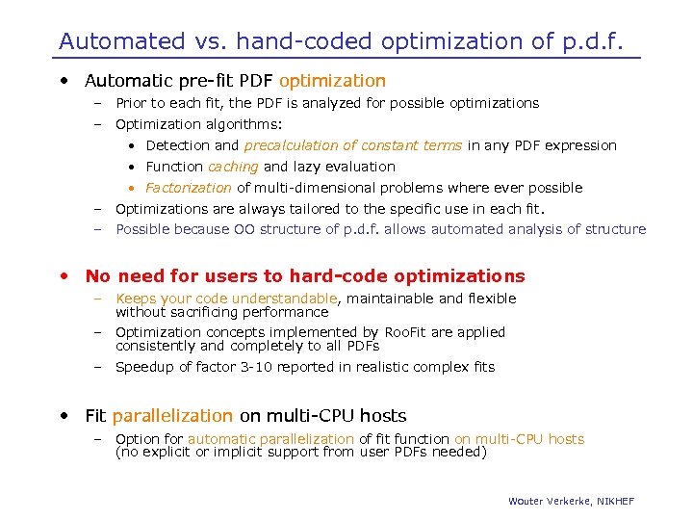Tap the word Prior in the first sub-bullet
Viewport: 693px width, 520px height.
tap(133, 103)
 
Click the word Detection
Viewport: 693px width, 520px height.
tap(177, 145)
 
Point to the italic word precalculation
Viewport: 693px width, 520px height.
tap(294, 145)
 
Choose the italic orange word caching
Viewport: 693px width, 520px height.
tap(234, 167)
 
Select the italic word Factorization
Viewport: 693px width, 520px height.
tap(189, 188)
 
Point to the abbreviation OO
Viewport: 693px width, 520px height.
tap(244, 229)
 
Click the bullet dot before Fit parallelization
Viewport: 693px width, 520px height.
tap(64, 416)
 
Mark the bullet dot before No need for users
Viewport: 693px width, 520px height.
tap(64, 276)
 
